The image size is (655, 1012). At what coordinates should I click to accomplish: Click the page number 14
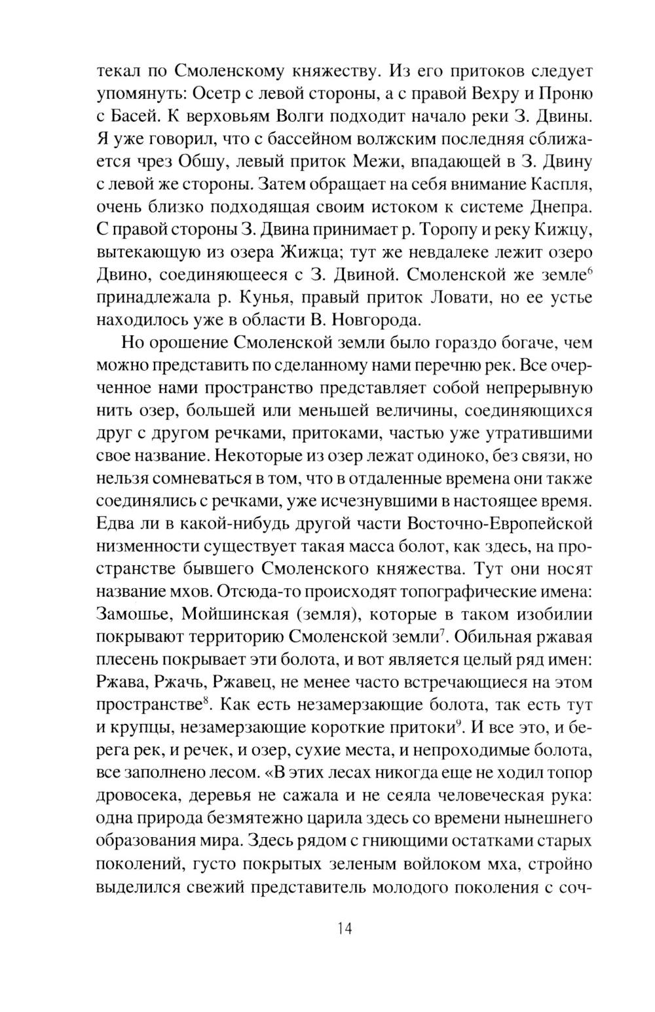[x=345, y=929]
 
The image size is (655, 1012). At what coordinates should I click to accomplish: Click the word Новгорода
[x=371, y=321]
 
